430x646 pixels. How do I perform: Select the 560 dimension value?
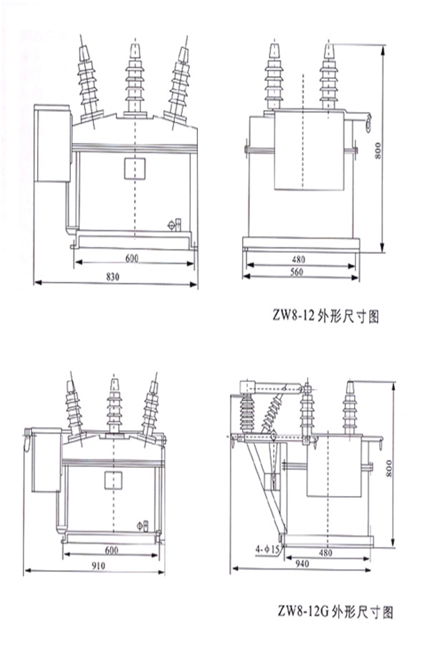[300, 272]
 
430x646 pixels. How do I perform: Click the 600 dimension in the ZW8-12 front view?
[133, 257]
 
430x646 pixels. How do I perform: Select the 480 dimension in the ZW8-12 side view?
[300, 257]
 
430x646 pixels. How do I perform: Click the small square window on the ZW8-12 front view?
[135, 169]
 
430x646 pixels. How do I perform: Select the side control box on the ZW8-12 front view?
[51, 144]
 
